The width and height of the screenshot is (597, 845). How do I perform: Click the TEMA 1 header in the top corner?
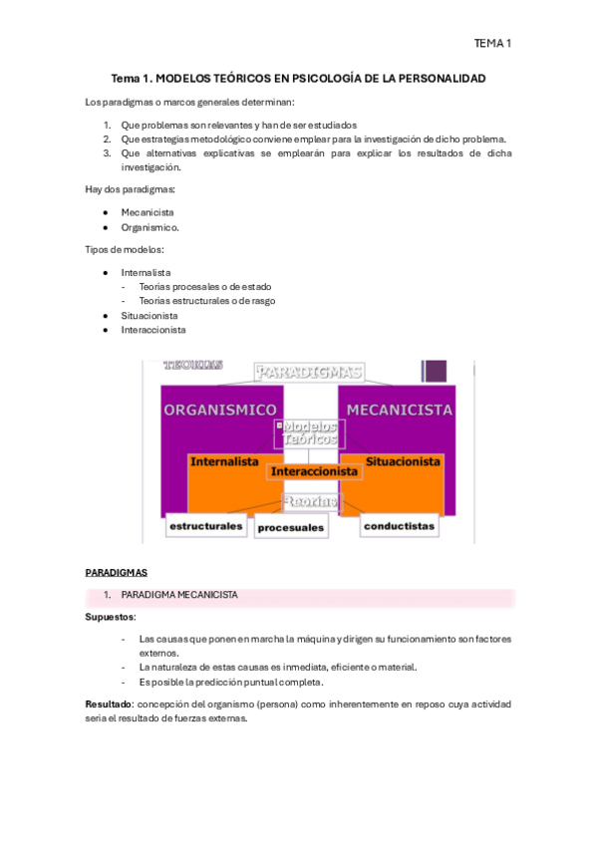492,43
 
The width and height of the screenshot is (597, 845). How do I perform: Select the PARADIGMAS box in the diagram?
308,372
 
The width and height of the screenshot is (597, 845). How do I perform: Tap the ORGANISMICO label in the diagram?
220,410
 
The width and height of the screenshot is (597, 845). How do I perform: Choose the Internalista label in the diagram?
224,462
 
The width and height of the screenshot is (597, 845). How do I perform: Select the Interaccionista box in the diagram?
314,471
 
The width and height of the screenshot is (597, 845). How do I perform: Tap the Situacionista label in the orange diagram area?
403,462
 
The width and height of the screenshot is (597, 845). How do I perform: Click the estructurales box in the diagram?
206,525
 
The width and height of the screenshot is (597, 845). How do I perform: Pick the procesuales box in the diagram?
291,527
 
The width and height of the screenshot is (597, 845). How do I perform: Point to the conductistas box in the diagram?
398,525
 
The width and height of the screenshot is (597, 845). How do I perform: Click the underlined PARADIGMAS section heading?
116,573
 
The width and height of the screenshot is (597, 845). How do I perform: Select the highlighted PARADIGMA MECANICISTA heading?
179,595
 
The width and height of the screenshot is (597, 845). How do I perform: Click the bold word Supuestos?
110,618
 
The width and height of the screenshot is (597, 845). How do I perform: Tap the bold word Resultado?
109,704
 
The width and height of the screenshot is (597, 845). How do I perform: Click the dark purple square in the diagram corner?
435,372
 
